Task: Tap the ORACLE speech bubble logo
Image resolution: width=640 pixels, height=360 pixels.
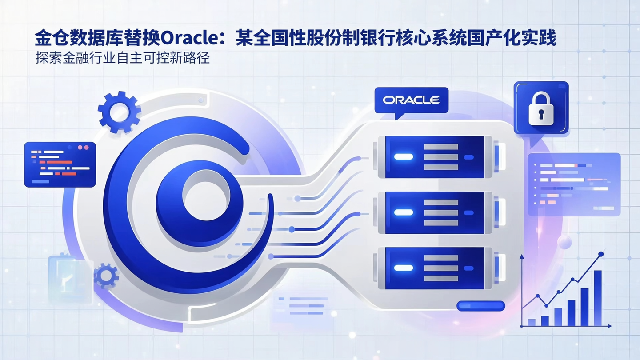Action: tap(411, 100)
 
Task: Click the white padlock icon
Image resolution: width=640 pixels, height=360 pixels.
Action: tap(541, 108)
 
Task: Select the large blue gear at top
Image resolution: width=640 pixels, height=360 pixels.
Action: tap(119, 112)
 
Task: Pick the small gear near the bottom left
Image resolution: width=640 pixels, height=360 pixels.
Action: tap(106, 276)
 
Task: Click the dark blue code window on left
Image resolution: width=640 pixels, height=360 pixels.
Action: tap(60, 164)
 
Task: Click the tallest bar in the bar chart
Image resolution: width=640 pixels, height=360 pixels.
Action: tap(598, 298)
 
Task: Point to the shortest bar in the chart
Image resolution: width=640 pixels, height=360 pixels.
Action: tap(532, 322)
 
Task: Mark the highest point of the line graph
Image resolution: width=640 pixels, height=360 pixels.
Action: tap(601, 254)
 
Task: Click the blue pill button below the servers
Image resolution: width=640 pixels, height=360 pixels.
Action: tap(481, 306)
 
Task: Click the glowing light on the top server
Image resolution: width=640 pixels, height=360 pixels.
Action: tap(404, 157)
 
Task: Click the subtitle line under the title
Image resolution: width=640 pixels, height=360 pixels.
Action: tap(122, 58)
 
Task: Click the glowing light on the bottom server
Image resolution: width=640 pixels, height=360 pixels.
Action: tap(404, 268)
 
